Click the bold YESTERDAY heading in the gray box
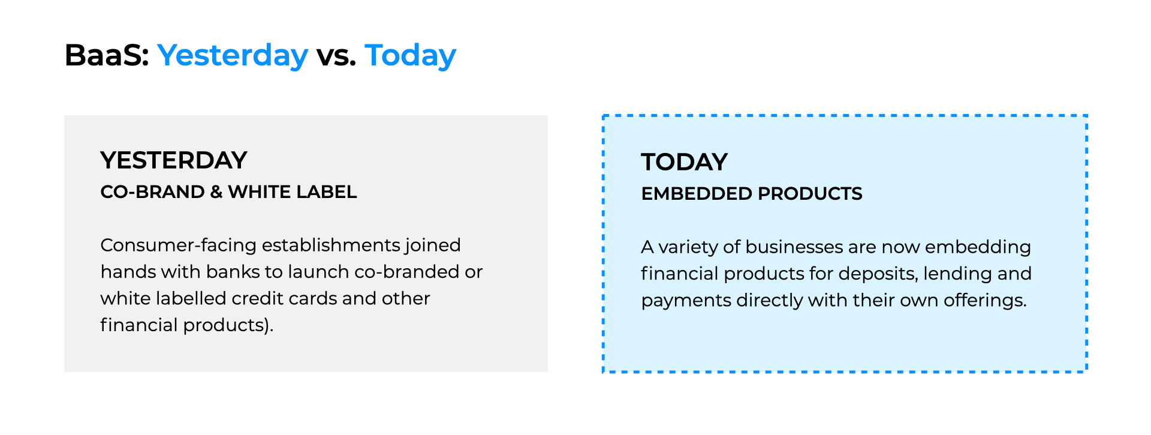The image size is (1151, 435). (174, 160)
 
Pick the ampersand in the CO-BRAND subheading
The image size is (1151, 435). (216, 192)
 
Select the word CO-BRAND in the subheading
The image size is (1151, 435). (152, 192)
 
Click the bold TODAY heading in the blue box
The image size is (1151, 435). (684, 162)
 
